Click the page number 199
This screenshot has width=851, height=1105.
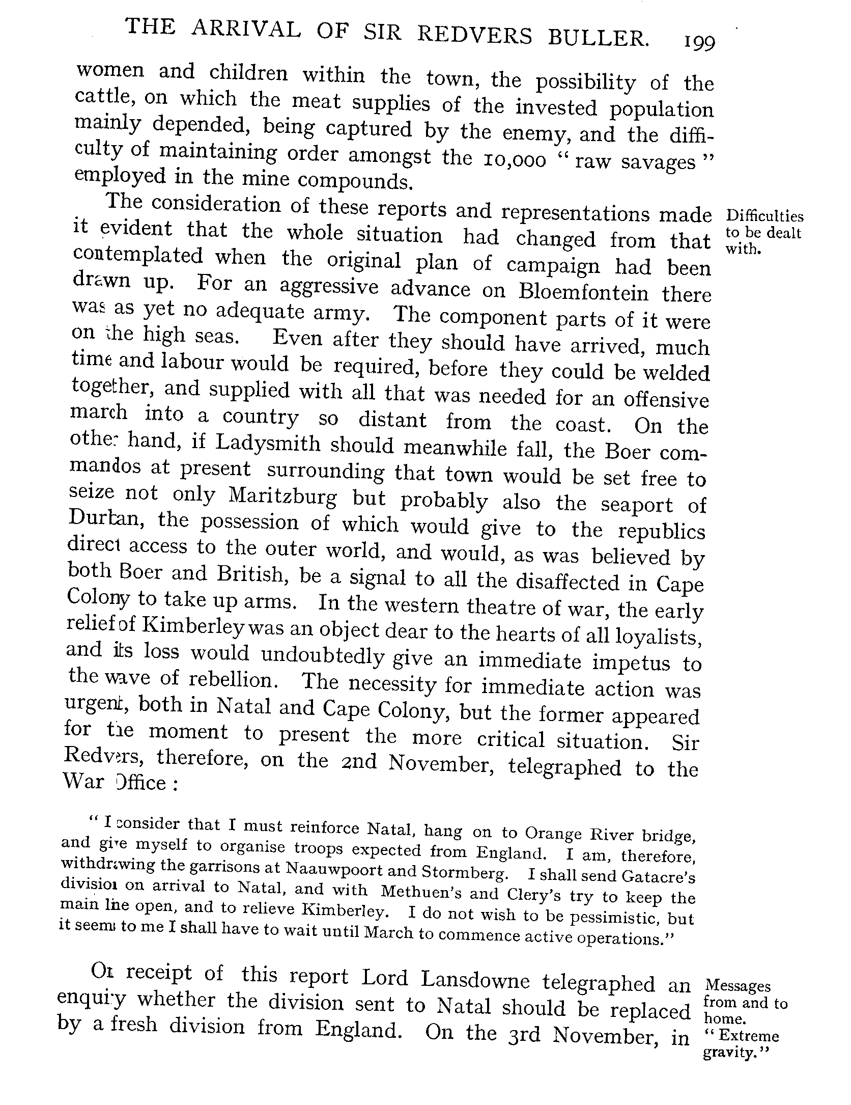point(699,43)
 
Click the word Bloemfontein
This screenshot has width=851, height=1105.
point(583,292)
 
